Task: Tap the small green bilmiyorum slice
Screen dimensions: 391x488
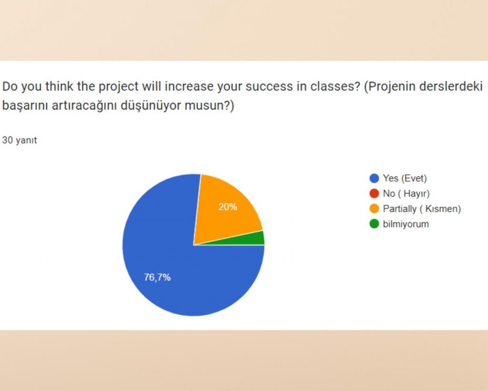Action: pyautogui.click(x=258, y=238)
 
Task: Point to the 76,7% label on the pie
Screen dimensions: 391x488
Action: pyautogui.click(x=157, y=277)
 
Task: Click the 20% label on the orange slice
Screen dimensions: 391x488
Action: pyautogui.click(x=227, y=207)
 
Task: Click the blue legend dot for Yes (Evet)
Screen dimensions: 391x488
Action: pyautogui.click(x=374, y=179)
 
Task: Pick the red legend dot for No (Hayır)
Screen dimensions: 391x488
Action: pyautogui.click(x=374, y=194)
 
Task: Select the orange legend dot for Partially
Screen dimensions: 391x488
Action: pyautogui.click(x=374, y=209)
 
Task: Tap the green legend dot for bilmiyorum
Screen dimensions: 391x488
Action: pyautogui.click(x=374, y=223)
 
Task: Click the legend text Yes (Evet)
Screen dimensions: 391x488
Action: pyautogui.click(x=405, y=179)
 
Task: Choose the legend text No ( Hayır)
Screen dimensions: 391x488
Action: pyautogui.click(x=406, y=194)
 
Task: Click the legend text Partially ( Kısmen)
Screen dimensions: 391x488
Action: pyautogui.click(x=421, y=209)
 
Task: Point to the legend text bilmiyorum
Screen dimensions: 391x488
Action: pyautogui.click(x=406, y=223)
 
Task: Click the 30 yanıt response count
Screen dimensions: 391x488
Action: pyautogui.click(x=20, y=140)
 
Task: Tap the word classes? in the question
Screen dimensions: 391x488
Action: pyautogui.click(x=337, y=87)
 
